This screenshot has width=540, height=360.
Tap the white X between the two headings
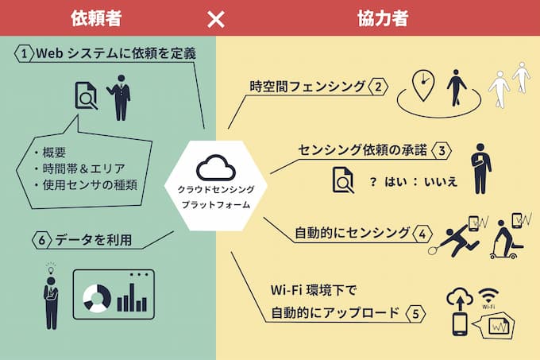[216, 18]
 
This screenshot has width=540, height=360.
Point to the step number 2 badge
[379, 87]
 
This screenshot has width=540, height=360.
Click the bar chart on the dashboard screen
[131, 300]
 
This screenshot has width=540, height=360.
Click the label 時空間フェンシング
[307, 87]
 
